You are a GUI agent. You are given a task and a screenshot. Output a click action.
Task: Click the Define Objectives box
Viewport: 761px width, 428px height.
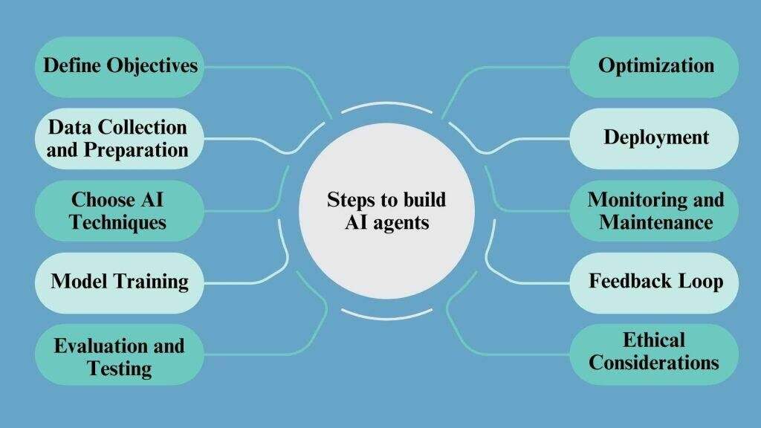(120, 66)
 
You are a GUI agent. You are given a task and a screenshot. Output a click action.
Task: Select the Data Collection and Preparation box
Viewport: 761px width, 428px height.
(118, 138)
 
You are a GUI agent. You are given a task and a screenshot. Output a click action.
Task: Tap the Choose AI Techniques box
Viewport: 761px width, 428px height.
(118, 210)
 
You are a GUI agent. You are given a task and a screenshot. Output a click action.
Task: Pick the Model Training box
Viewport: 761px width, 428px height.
(119, 282)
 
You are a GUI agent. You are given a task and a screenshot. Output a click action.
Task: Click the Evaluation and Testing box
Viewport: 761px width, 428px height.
(119, 355)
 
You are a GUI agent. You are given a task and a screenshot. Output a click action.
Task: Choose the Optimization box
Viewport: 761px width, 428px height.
(655, 66)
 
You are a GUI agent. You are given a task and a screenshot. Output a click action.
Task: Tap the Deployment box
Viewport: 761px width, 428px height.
(655, 137)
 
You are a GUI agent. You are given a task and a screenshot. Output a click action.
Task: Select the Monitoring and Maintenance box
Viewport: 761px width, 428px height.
(655, 210)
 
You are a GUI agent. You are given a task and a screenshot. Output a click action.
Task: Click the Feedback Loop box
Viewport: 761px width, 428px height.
(655, 282)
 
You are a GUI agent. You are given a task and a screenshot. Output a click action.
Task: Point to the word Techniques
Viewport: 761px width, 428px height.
(118, 221)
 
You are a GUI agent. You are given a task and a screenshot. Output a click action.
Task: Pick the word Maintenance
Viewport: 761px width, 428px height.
(656, 221)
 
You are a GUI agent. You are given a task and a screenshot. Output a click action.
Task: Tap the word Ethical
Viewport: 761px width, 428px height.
(655, 340)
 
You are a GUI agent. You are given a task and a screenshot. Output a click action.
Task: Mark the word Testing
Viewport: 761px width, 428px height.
(119, 368)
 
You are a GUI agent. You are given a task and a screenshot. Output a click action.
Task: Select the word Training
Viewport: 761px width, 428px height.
(152, 282)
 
